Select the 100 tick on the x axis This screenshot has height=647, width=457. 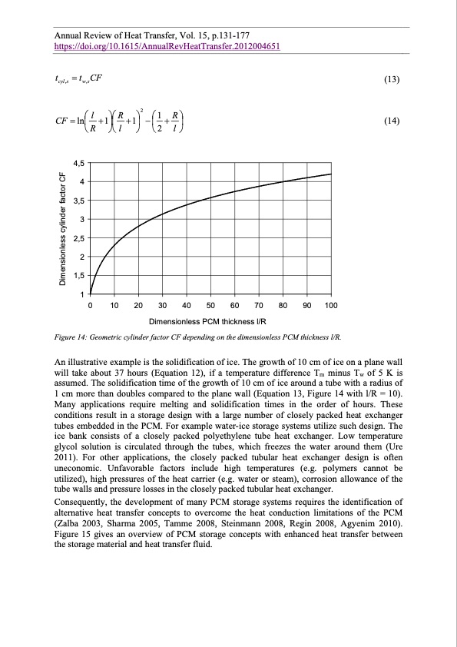point(331,307)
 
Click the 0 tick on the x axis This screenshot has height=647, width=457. point(91,307)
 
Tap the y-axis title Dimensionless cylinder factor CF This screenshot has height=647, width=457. point(63,229)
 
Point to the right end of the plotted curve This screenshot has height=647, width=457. point(331,174)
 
